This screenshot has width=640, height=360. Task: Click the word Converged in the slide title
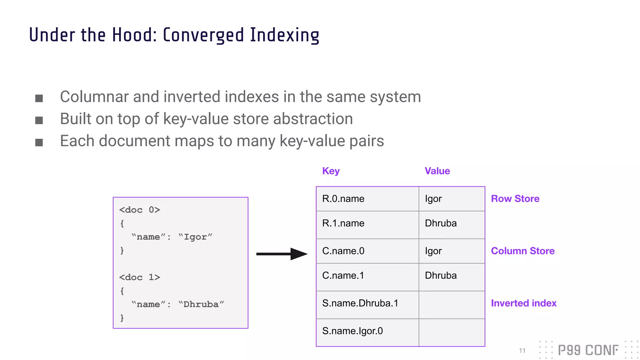pos(203,35)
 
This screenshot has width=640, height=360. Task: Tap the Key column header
pos(331,171)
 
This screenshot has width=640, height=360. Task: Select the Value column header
pos(437,171)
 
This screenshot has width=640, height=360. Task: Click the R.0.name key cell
pos(343,199)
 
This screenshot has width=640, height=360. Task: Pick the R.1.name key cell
pos(343,223)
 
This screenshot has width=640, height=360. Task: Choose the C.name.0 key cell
pos(343,251)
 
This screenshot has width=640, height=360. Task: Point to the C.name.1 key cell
pos(343,275)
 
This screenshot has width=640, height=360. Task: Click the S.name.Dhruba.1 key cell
pos(360,303)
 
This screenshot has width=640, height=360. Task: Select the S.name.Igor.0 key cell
pos(352,331)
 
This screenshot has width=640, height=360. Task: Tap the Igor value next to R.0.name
pos(433,199)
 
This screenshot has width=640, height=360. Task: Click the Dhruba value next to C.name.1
pos(441,275)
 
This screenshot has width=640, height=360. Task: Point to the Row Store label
pos(515,199)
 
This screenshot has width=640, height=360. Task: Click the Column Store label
pos(522,251)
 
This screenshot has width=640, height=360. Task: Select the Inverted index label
pos(523,303)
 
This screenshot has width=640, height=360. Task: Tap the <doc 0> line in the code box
pos(139,210)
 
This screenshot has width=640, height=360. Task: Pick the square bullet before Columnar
pos(39,98)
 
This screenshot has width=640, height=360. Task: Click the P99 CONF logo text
pos(588,350)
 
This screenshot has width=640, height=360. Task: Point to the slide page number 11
pos(522,351)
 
